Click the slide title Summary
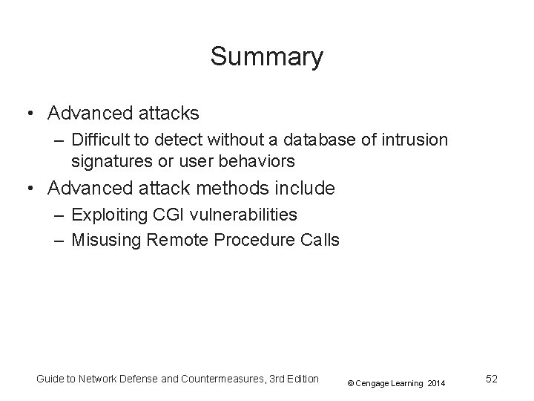click(267, 56)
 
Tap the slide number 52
click(491, 379)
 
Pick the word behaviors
click(263, 160)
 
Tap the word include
click(305, 189)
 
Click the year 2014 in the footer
click(437, 383)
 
